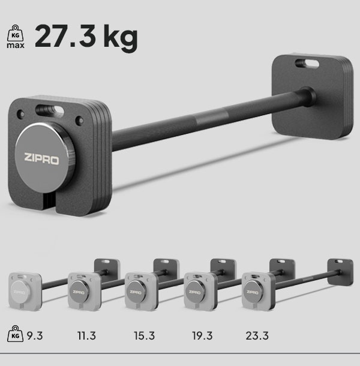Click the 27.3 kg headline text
click(86, 37)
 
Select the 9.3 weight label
click(34, 335)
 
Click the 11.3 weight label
click(86, 335)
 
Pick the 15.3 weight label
click(144, 335)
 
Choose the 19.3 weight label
click(202, 335)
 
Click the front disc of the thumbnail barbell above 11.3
click(79, 292)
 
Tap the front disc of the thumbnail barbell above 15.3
click(137, 292)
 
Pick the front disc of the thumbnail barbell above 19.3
click(195, 292)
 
